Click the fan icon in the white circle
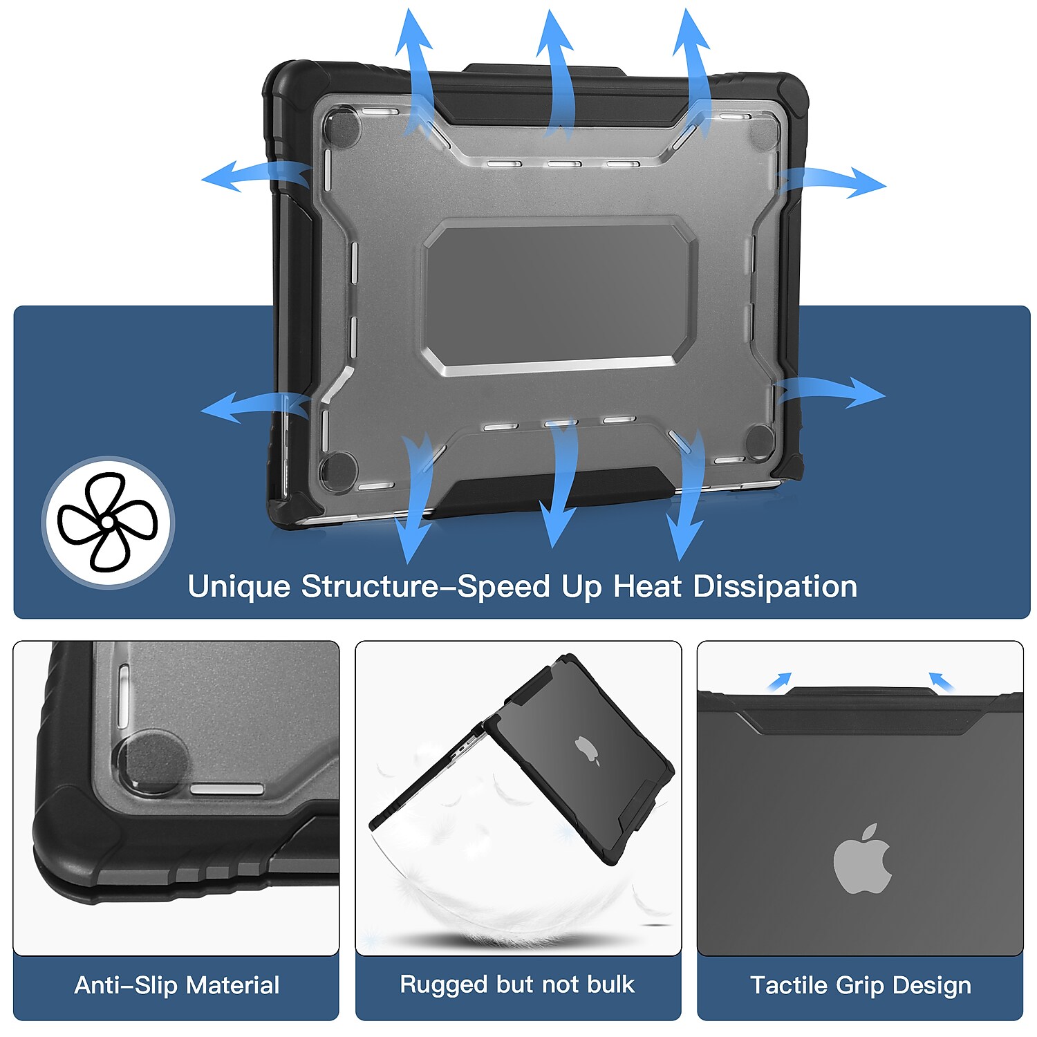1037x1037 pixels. (x=108, y=522)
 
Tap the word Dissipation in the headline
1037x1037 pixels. (x=775, y=586)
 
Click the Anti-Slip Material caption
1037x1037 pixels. (x=177, y=984)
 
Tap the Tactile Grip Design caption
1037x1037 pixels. (x=861, y=985)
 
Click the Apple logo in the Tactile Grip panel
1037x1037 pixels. (x=862, y=859)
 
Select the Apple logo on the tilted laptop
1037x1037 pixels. (x=587, y=751)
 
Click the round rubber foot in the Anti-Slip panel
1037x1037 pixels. (x=153, y=763)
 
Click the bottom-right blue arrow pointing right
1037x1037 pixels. (x=830, y=393)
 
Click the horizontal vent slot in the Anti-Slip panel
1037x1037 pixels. (x=227, y=790)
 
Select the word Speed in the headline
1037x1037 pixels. (x=504, y=587)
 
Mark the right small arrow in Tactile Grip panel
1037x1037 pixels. (x=941, y=682)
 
